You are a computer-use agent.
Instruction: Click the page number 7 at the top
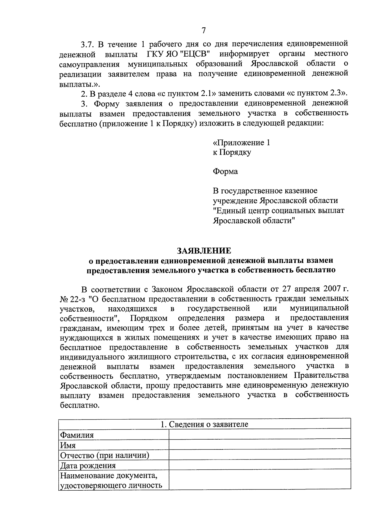point(203,30)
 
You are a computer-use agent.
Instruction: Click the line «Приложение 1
point(241,143)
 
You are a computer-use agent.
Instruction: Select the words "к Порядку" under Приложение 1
point(232,153)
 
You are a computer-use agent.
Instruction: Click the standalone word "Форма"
point(225,171)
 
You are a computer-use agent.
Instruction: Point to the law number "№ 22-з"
point(73,299)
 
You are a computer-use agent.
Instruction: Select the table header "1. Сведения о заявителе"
point(204,424)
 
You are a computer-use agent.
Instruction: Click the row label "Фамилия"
point(77,435)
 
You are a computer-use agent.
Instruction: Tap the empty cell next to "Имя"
point(260,444)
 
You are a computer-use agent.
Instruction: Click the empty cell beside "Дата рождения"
point(260,465)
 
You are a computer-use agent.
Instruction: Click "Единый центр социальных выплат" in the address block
point(279,211)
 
